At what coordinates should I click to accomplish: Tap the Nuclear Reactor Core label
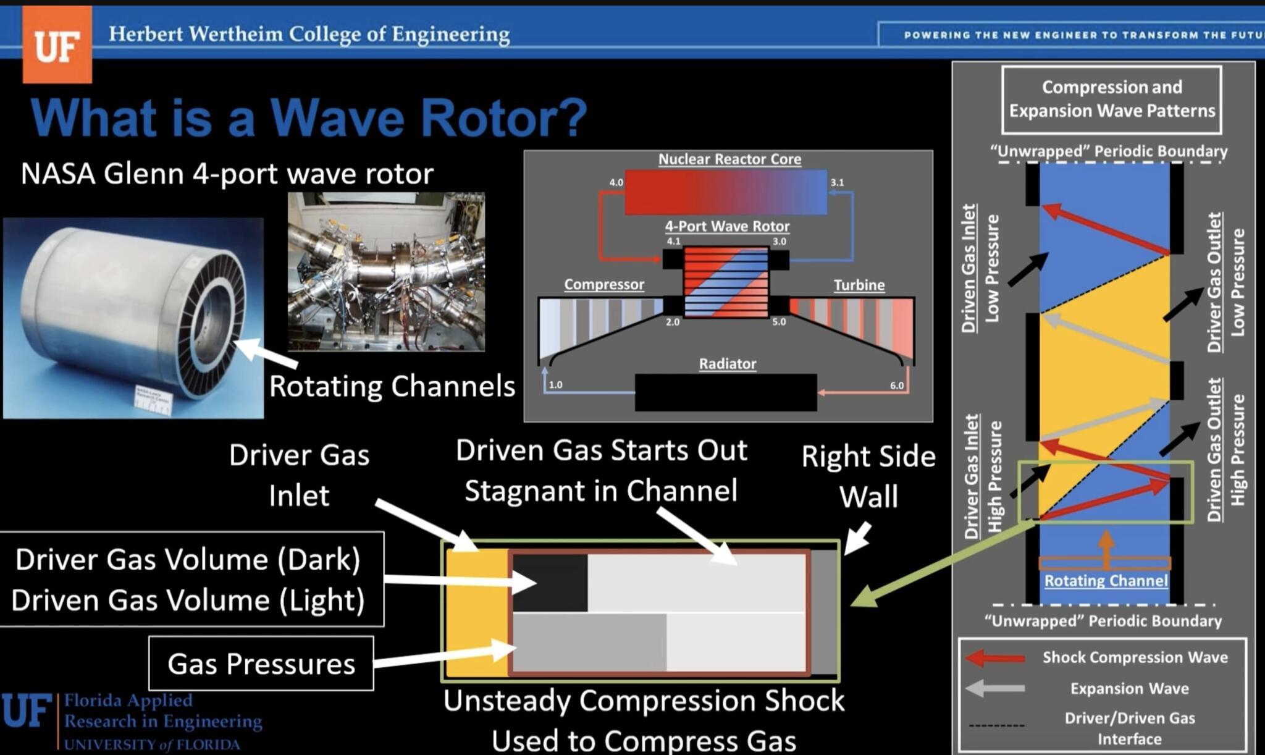coord(729,159)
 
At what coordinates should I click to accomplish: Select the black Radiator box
coord(726,392)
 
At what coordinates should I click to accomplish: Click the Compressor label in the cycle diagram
coord(603,284)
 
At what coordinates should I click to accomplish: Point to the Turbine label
coord(859,285)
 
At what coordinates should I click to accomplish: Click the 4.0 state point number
coord(616,182)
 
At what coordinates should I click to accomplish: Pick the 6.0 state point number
coord(896,386)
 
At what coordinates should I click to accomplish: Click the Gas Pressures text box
coord(261,664)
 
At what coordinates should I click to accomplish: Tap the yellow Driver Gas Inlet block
coord(476,612)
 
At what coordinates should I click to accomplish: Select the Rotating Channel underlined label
coord(1106,581)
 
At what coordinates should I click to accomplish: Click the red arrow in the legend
coord(995,657)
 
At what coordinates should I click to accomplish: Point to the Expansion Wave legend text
coord(1129,688)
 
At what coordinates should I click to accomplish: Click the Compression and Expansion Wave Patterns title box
coord(1111,99)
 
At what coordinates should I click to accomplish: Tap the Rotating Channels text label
coord(392,387)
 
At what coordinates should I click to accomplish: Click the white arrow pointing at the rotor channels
coord(266,353)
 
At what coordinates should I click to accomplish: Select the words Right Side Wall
coord(868,476)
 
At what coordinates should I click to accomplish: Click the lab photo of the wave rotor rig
coord(386,272)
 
